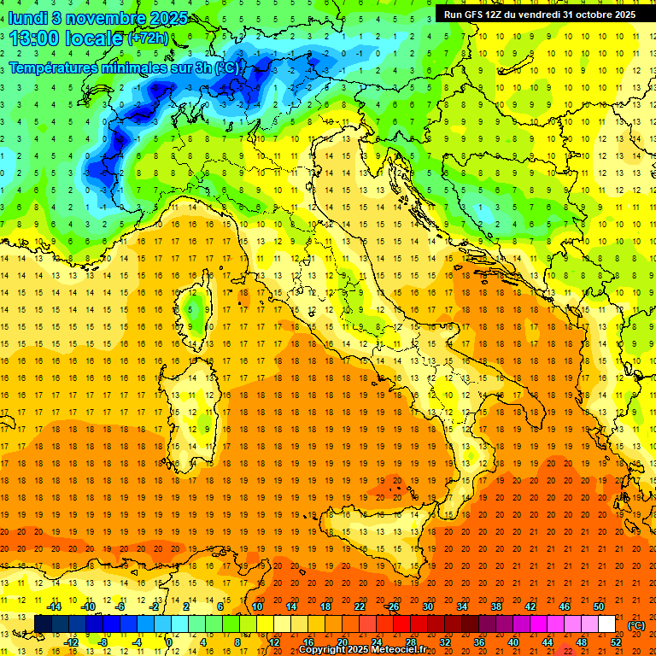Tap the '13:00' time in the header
coord(33,38)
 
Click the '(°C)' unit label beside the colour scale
coord(636,624)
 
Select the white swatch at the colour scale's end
coord(606,624)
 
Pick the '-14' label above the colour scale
coord(54,606)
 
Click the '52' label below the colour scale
coord(616,642)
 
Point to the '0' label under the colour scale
coord(170,642)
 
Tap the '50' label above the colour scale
coord(599,606)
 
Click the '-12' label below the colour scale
coord(72,642)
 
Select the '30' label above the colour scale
coord(427,606)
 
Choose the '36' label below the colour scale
coord(479,642)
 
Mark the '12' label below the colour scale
coord(273,642)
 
